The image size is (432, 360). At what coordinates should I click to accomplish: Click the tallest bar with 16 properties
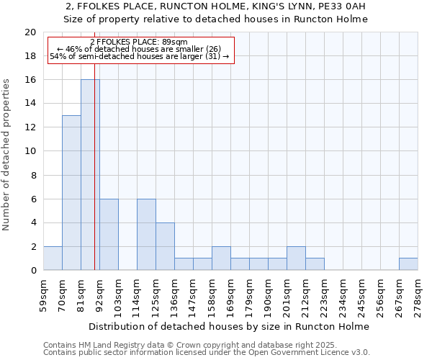[x=90, y=175]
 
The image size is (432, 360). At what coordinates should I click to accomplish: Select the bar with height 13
[x=71, y=193]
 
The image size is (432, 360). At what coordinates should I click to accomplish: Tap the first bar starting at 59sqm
[x=53, y=258]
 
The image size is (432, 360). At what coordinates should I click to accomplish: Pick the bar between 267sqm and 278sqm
[x=408, y=264]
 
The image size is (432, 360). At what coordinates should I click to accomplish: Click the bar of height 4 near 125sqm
[x=165, y=246]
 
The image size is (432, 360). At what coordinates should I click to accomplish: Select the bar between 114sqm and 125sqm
[x=146, y=235]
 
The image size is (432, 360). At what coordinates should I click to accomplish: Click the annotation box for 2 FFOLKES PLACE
[x=141, y=50]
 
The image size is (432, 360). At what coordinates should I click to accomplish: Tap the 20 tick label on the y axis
[x=30, y=32]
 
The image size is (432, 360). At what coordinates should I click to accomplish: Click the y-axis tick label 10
[x=30, y=151]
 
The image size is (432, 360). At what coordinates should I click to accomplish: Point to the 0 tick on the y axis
[x=32, y=270]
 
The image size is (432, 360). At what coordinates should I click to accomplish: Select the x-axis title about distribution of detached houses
[x=230, y=326]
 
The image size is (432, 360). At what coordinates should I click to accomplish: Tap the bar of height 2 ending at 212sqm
[x=296, y=258]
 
